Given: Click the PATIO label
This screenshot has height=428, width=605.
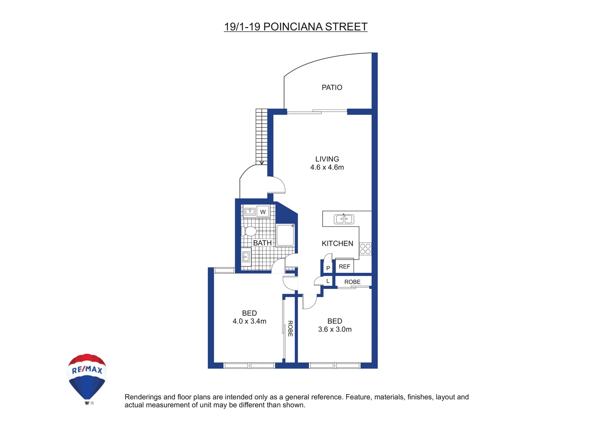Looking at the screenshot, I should click(x=332, y=88).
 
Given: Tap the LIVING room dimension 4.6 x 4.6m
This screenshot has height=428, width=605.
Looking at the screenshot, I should click(x=327, y=168).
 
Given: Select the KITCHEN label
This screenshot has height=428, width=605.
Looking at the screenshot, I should click(x=337, y=244).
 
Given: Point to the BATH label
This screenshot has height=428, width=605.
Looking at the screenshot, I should click(x=262, y=243).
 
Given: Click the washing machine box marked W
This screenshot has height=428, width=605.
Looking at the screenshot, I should click(x=263, y=212).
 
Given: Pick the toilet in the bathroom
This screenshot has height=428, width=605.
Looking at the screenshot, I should click(x=249, y=231).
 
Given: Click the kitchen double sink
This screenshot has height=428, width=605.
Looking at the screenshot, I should click(x=344, y=219).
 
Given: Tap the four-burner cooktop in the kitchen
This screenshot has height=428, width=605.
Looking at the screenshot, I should click(x=365, y=249).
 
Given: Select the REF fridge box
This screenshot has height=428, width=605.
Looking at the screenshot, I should click(x=344, y=267).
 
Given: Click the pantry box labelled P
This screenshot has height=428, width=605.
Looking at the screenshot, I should click(x=328, y=268).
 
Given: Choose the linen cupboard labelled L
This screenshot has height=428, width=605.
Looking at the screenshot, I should click(x=328, y=281).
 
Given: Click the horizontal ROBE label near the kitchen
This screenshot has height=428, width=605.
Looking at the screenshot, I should click(x=352, y=282).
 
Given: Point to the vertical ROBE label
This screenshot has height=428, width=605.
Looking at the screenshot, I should click(x=290, y=329).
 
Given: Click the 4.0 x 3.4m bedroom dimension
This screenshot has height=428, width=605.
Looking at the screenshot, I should click(x=249, y=321).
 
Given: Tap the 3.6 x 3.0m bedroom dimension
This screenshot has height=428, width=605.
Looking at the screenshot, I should click(x=335, y=329).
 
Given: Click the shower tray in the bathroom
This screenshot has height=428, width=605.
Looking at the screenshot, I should click(x=285, y=235).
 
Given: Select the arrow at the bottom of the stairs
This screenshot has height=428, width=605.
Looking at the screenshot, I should click(x=262, y=162).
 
